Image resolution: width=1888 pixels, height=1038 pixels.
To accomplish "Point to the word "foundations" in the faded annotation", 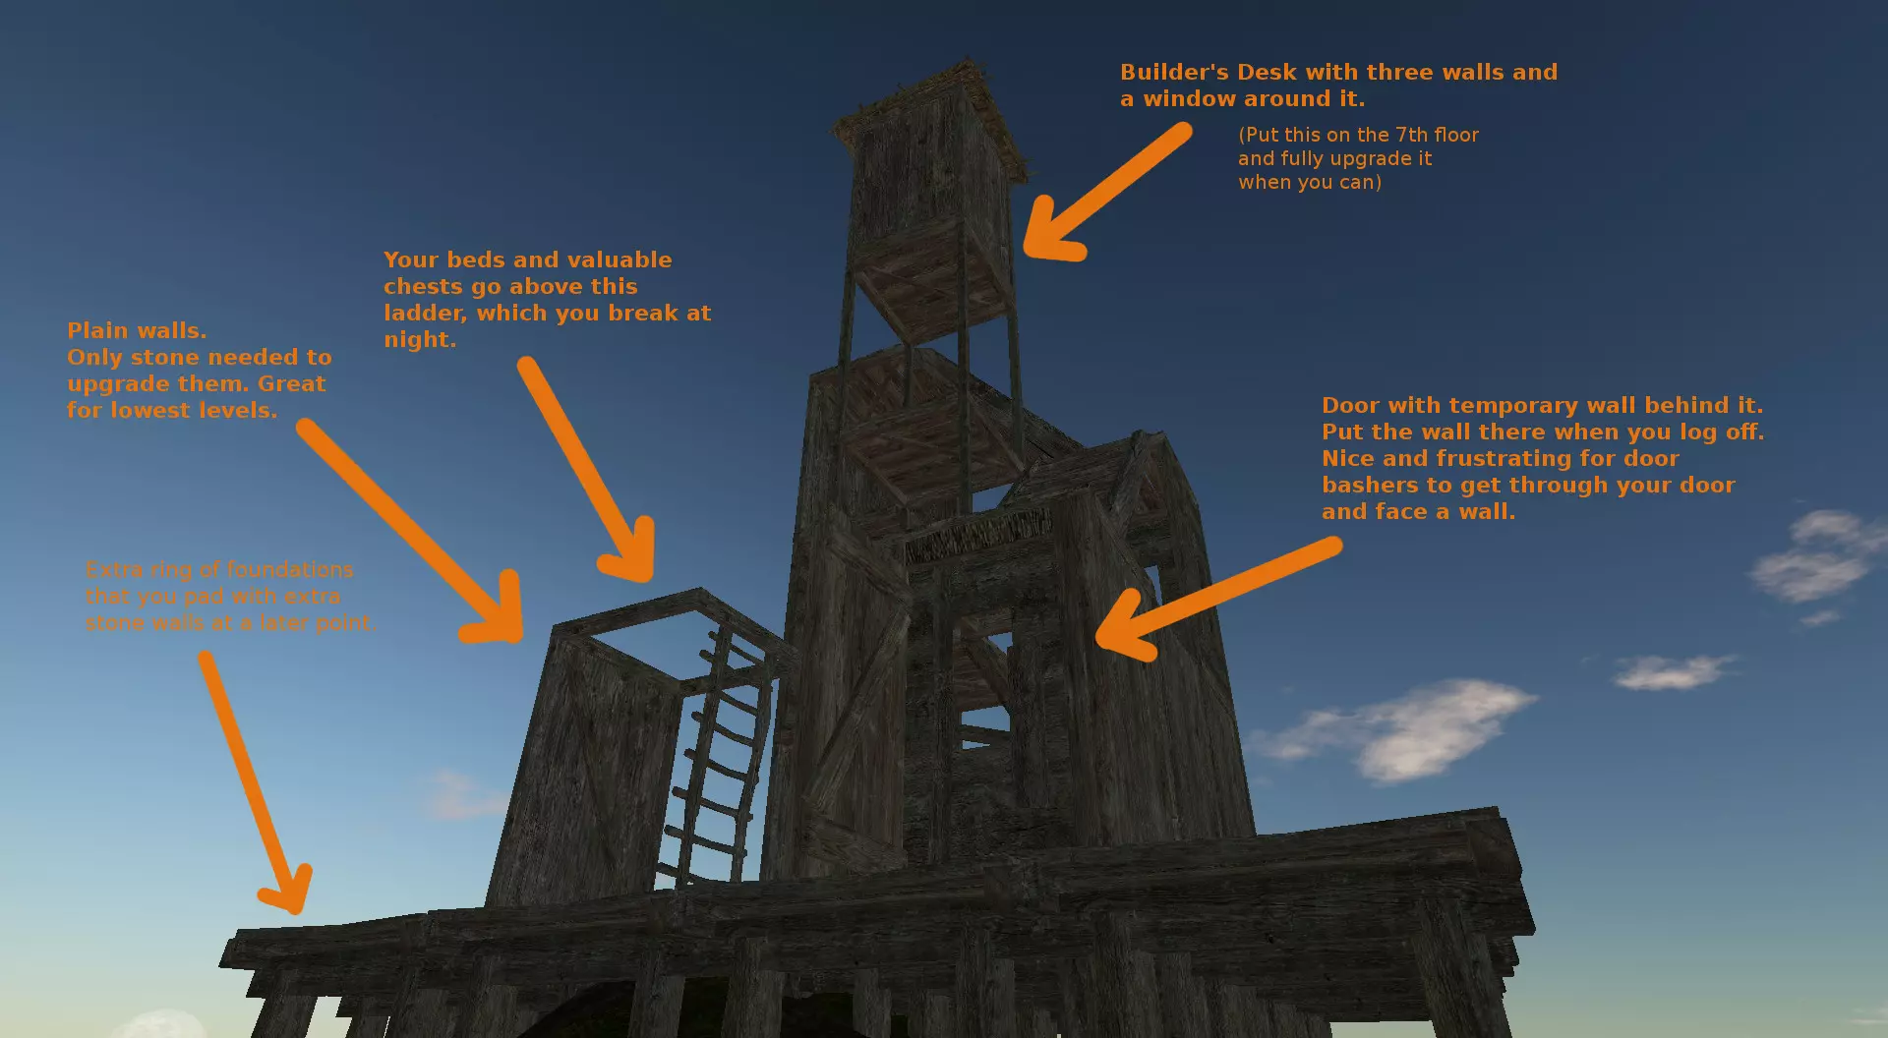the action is click(x=289, y=570).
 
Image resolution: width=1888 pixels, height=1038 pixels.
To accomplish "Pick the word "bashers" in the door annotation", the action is click(x=1370, y=485).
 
